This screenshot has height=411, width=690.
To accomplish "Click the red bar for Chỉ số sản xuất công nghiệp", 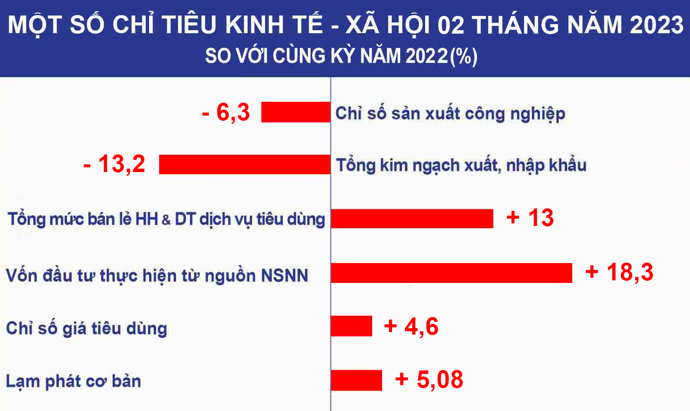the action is (x=296, y=112).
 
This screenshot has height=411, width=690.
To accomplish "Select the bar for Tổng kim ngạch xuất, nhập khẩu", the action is (x=245, y=164).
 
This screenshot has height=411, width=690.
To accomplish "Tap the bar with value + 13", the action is (x=412, y=219).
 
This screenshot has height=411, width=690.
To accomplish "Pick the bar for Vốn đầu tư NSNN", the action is (x=452, y=273).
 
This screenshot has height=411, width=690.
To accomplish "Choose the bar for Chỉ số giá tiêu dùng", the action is (x=351, y=326).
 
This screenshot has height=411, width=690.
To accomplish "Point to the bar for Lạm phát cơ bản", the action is (x=356, y=380).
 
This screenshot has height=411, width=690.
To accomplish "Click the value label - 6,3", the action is (x=226, y=113).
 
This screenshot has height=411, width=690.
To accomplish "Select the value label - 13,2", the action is (x=114, y=164).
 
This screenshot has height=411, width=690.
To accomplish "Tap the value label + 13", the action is (x=530, y=218).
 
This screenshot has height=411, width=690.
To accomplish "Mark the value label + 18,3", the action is (x=619, y=273).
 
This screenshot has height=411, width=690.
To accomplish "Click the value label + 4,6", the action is (x=411, y=326).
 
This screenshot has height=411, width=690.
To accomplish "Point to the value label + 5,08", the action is (x=429, y=380).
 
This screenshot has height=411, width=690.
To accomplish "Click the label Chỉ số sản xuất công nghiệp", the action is (x=450, y=114).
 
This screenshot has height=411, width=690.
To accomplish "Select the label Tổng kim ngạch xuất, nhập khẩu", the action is (x=461, y=166).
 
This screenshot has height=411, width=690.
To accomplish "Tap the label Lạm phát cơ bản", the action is (x=74, y=382).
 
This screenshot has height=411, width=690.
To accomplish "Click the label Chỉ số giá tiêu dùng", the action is (x=87, y=329).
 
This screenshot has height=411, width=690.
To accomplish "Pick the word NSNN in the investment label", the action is (x=284, y=276).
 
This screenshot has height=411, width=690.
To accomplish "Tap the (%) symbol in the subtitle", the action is (x=464, y=56).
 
